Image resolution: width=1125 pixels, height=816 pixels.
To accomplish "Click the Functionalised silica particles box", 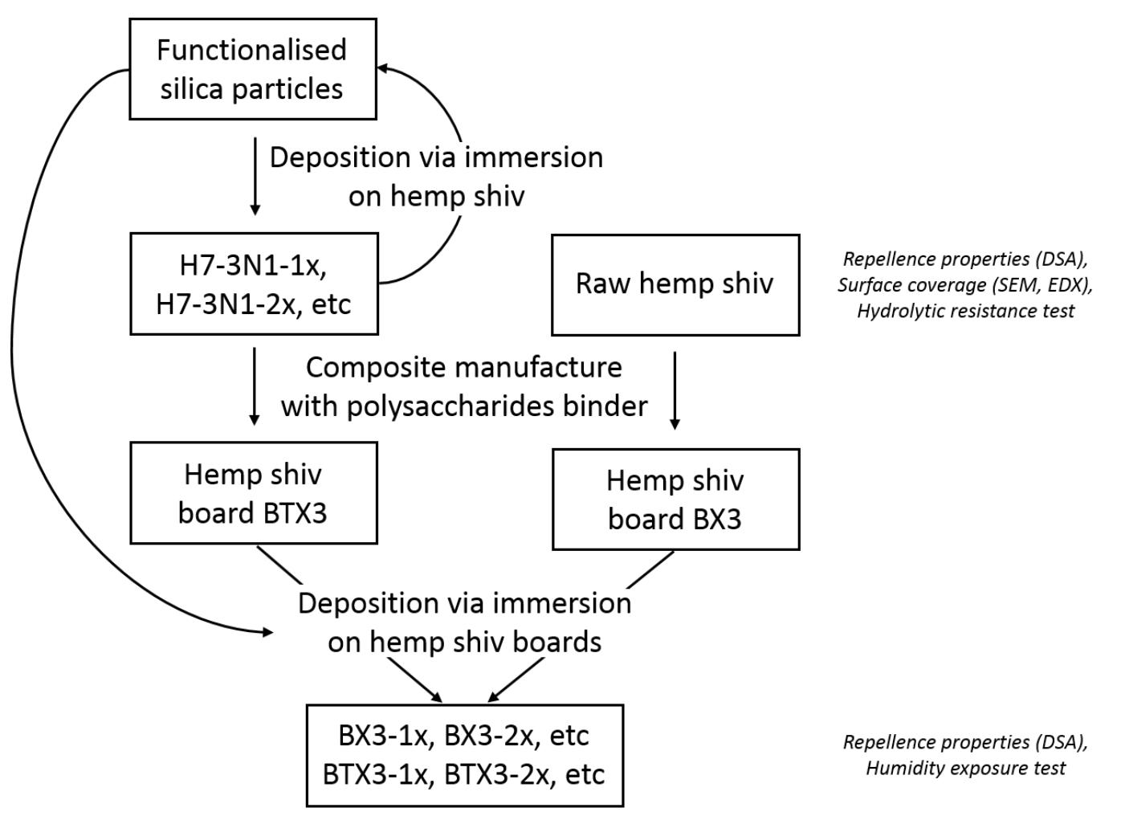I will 253,69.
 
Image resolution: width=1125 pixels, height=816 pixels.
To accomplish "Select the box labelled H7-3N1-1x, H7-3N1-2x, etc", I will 254,284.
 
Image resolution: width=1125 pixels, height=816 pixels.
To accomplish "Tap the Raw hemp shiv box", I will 675,284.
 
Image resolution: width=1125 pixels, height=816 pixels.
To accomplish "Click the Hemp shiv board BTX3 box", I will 254,492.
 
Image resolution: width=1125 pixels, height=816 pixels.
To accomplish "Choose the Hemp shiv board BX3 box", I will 675,499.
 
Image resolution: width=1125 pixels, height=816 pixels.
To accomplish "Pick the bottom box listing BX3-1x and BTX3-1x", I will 464,755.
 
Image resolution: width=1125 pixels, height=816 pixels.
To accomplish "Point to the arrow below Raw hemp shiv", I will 675,390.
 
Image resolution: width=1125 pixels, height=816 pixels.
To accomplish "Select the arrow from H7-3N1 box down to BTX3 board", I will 255,386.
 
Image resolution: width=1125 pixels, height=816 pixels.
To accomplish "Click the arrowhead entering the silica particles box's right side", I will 385,69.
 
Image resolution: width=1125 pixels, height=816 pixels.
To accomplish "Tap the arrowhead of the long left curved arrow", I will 267,632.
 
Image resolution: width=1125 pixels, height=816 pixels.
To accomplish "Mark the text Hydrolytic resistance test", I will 964,311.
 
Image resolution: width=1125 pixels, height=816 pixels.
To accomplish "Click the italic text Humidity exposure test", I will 964,768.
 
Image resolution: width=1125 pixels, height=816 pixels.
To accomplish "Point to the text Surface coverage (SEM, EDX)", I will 964,284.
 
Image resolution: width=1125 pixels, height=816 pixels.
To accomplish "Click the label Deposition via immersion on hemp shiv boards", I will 464,622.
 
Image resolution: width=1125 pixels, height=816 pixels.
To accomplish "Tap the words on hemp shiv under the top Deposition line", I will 436,196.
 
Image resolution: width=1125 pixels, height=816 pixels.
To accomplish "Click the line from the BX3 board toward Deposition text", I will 650,569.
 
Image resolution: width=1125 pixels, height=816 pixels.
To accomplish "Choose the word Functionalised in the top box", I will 251,50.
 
